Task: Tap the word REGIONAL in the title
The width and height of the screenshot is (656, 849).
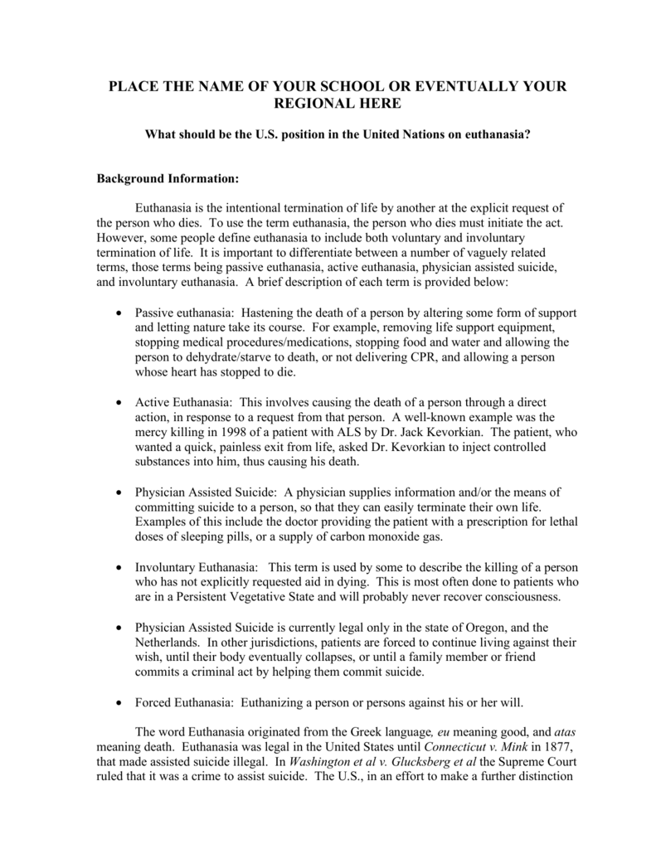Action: click(313, 103)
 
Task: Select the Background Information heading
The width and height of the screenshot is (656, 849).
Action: click(168, 178)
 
